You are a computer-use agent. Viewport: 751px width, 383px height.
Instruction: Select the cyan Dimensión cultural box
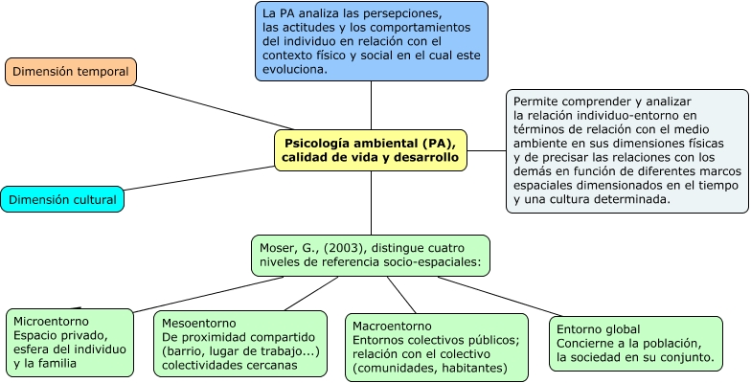coord(62,199)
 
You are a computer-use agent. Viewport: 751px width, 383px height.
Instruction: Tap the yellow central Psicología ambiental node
coord(371,150)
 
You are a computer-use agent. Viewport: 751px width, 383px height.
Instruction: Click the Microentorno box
coord(70,343)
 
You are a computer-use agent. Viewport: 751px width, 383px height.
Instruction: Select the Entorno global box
coord(636,344)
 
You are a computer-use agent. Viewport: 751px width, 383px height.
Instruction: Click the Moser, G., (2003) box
coord(371,256)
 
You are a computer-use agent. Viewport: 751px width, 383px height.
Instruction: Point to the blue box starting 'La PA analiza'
coord(371,40)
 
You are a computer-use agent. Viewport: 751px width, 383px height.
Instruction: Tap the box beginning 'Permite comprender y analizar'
coord(627,150)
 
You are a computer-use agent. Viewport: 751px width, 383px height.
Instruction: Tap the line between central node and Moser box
coord(371,203)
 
